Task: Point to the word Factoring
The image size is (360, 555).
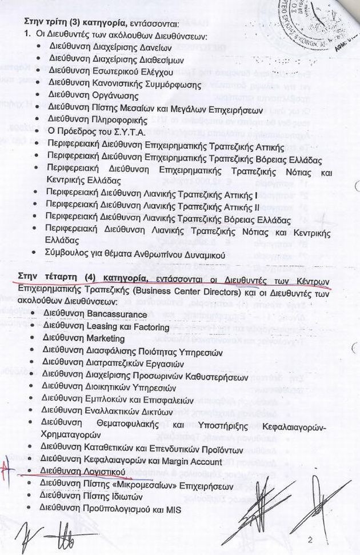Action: tap(150, 326)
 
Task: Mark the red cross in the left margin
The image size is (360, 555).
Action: tap(6, 469)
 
